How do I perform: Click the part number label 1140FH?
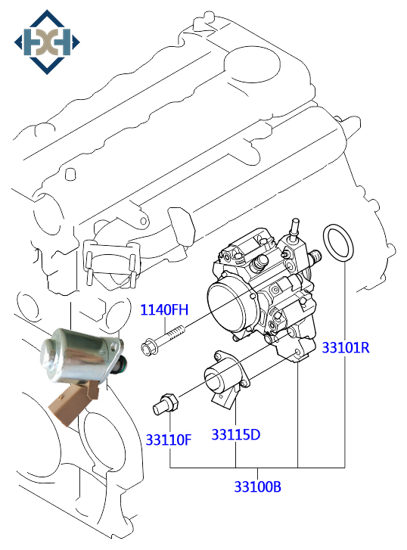click(163, 309)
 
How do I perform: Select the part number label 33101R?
click(345, 348)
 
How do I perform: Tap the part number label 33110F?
click(168, 439)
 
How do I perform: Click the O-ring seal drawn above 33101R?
click(337, 244)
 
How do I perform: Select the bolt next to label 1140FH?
click(162, 339)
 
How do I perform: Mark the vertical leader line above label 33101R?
click(345, 303)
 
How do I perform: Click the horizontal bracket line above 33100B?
click(257, 469)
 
